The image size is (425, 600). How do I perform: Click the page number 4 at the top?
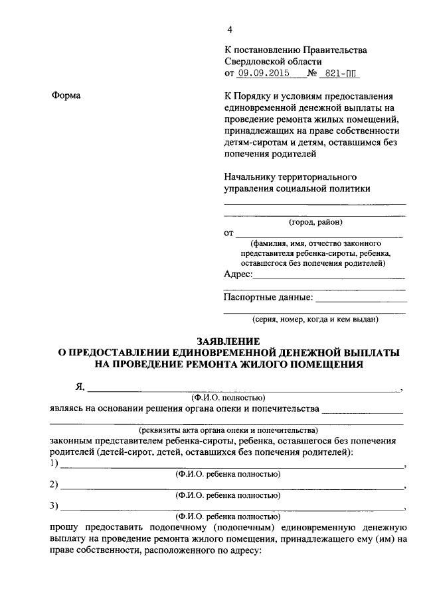pyautogui.click(x=230, y=30)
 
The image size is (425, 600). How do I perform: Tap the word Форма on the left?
pyautogui.click(x=66, y=96)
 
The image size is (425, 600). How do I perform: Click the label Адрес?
pyautogui.click(x=238, y=274)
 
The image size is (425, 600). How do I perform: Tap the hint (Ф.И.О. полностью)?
pyautogui.click(x=228, y=398)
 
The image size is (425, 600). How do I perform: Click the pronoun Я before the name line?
pyautogui.click(x=80, y=387)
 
